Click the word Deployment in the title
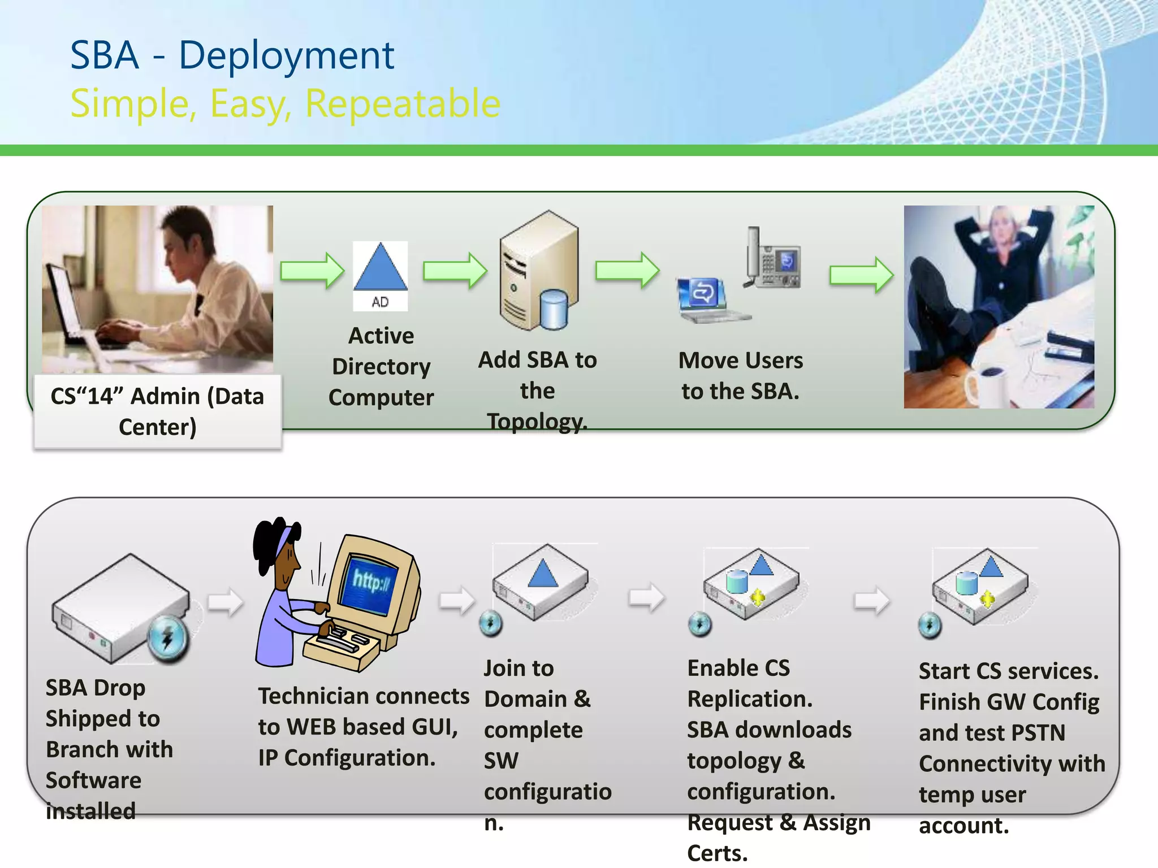coord(286,57)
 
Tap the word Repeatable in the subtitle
coord(403,105)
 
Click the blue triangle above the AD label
coord(381,267)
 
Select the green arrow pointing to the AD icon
coord(312,271)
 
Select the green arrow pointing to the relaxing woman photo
coord(861,275)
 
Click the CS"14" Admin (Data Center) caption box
coord(158,412)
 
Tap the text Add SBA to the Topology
coord(537,390)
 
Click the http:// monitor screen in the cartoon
coord(370,583)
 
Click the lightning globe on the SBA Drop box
coord(168,638)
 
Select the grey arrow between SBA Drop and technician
coord(225,602)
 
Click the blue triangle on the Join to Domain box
coord(542,574)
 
